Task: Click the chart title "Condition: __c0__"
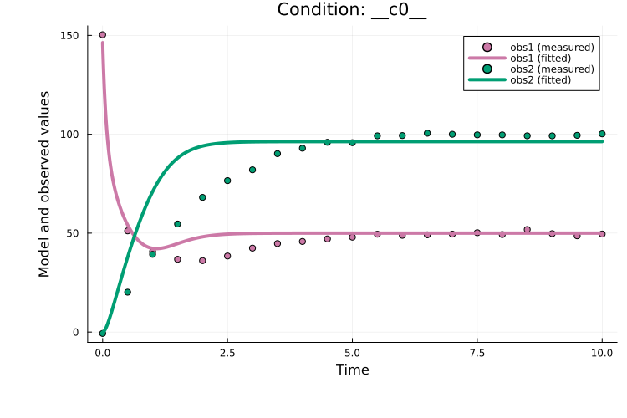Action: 352,10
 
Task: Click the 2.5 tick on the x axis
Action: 227,353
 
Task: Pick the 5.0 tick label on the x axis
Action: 352,353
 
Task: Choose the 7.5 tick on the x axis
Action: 477,353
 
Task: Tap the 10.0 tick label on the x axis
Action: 602,353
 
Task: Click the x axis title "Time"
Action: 352,370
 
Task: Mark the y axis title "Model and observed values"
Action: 44,184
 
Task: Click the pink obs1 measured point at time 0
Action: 103,35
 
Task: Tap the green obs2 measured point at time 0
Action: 103,333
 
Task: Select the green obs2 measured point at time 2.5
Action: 227,181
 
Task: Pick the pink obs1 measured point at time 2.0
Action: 202,261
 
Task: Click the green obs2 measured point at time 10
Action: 602,134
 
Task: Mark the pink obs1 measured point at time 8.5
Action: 527,229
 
